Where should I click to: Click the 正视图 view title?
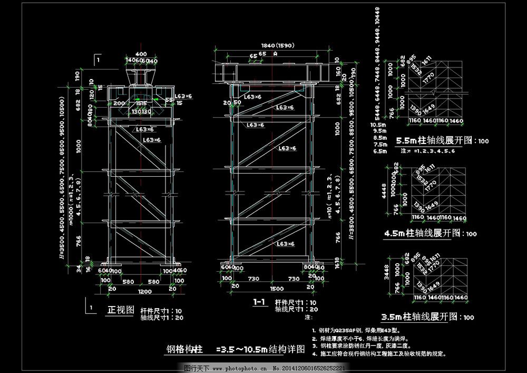pyautogui.click(x=121, y=310)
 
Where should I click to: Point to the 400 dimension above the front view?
pyautogui.click(x=141, y=54)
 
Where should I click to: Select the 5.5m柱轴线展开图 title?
pyautogui.click(x=435, y=141)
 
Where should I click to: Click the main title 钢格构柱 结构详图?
pyautogui.click(x=236, y=349)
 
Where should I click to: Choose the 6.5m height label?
pyautogui.click(x=379, y=151)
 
